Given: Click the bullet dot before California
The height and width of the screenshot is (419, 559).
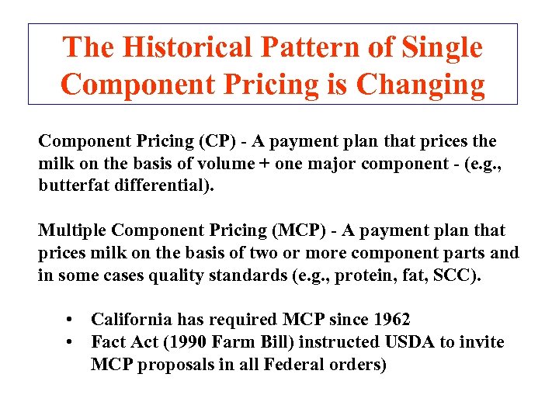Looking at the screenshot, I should pyautogui.click(x=70, y=320).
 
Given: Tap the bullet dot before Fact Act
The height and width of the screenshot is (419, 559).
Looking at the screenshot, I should pyautogui.click(x=70, y=342).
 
